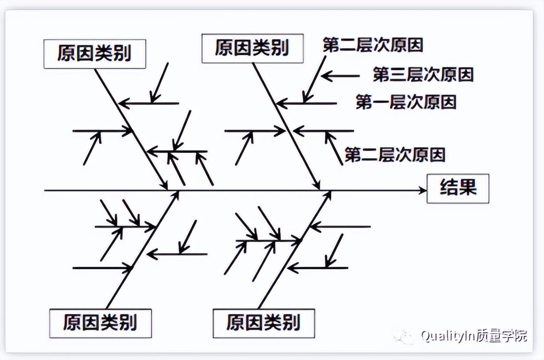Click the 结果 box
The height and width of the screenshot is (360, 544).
click(457, 188)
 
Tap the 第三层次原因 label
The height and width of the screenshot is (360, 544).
click(423, 75)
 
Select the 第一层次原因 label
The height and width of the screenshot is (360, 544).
click(406, 102)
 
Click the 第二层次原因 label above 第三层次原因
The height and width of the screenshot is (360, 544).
click(373, 45)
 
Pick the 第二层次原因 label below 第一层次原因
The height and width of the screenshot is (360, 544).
click(395, 155)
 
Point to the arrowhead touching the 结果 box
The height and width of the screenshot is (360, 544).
click(422, 190)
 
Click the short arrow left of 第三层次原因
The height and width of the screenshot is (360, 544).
click(341, 76)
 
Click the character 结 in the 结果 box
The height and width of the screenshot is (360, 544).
click(448, 188)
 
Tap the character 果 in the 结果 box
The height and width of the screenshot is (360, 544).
click(468, 188)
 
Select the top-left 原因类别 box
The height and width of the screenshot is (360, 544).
click(95, 54)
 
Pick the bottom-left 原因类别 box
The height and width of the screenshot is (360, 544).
click(100, 322)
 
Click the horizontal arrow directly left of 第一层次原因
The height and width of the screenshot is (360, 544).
click(307, 104)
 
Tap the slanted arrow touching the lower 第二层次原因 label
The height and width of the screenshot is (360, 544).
click(334, 148)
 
